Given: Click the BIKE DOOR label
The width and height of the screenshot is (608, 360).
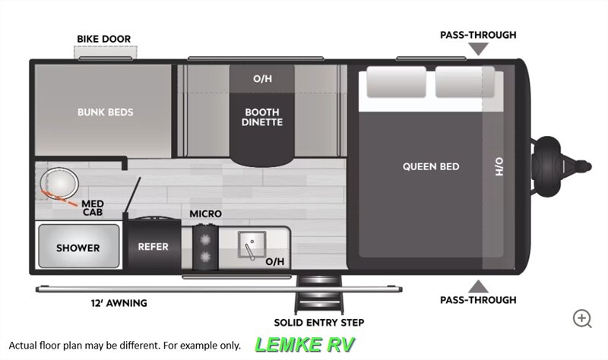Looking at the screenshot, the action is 103,39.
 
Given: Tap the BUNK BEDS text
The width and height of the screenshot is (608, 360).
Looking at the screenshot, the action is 105,112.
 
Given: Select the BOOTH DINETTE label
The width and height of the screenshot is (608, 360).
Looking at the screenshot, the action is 262,117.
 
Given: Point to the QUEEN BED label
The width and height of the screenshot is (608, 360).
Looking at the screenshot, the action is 431,166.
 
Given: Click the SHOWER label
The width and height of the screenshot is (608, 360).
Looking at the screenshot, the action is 78,248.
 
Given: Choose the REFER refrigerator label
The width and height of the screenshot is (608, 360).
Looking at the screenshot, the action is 154,247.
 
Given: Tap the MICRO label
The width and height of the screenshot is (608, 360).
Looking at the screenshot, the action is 205,214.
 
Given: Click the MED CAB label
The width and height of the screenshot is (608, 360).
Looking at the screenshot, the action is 93,207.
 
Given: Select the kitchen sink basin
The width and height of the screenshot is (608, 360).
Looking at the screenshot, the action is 252,245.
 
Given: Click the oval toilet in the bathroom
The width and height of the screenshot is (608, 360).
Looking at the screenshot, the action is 59,183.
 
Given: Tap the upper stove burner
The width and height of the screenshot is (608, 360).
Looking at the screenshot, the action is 205,240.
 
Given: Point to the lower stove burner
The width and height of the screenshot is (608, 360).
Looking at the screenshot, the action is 205,256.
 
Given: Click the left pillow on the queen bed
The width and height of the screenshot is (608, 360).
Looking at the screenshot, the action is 396,82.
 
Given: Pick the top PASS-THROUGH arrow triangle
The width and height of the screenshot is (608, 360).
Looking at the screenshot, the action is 478,49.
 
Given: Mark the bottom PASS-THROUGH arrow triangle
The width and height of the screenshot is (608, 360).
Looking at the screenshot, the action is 478,286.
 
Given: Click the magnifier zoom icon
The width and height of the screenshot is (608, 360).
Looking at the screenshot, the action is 582,318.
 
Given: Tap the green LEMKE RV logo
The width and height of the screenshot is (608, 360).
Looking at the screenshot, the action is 305,345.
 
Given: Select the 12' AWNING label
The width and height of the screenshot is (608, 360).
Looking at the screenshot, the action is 119,303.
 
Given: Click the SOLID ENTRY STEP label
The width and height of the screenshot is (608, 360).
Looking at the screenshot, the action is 318,323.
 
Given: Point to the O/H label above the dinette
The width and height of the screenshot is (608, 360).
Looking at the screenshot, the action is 262,79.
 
